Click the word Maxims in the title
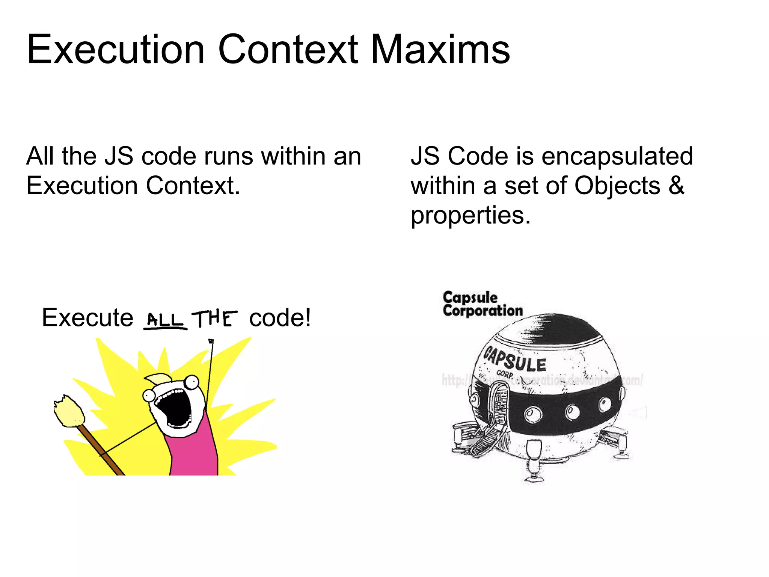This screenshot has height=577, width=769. click(x=440, y=50)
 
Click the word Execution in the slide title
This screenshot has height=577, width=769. click(x=116, y=50)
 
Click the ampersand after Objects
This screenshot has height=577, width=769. click(x=676, y=186)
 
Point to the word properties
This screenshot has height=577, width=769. click(x=470, y=216)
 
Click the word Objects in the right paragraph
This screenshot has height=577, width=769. click(x=617, y=186)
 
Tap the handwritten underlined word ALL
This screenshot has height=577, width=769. click(x=164, y=320)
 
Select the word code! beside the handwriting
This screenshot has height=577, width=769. click(x=280, y=318)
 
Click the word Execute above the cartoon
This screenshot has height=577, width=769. click(x=87, y=318)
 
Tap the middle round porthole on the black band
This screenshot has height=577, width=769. click(x=572, y=412)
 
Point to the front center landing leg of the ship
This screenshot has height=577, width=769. click(x=534, y=462)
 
